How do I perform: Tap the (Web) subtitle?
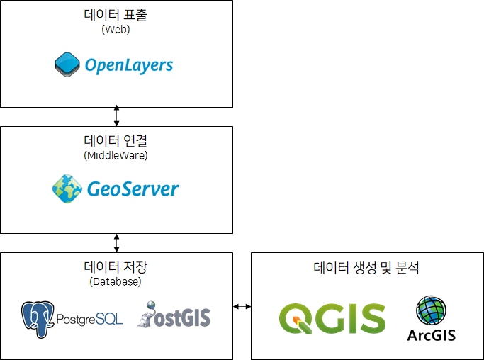(116, 30)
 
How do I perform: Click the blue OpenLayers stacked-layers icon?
(68, 65)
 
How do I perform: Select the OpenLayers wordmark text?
(129, 65)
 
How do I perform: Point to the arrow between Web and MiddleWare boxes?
(116, 116)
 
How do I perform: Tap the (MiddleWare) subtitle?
(116, 155)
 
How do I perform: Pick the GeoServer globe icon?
(67, 188)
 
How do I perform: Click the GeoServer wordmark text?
(133, 189)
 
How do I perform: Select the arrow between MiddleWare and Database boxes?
(116, 242)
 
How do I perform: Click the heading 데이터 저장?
(116, 267)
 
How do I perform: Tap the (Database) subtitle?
(116, 281)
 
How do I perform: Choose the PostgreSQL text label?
(89, 320)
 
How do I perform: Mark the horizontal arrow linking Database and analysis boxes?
(242, 306)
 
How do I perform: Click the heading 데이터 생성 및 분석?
(366, 269)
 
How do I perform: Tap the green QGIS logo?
(332, 319)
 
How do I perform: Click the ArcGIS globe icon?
(432, 310)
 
